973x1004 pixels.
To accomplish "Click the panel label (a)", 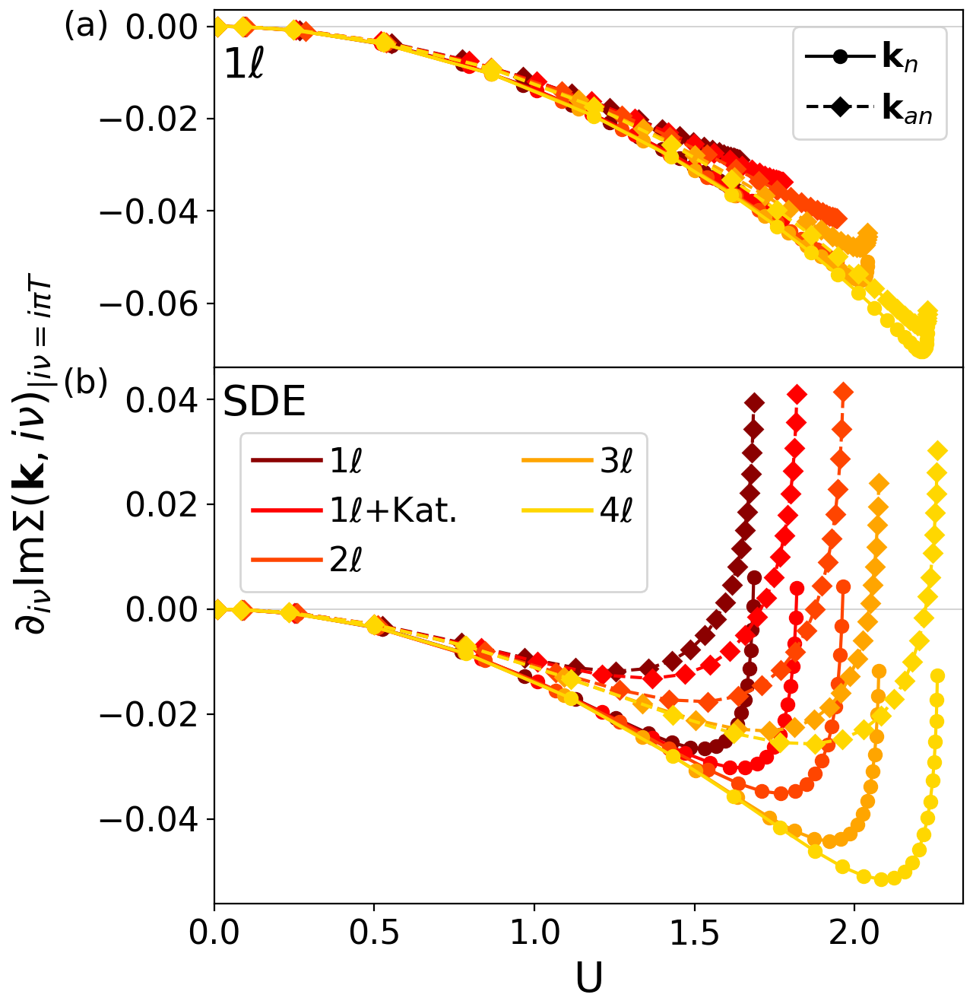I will [86, 27].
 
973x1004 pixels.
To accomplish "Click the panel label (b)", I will [86, 383].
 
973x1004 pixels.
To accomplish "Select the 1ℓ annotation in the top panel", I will [243, 67].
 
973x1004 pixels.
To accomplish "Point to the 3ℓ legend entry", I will [578, 461].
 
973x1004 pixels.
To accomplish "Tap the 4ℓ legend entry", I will [578, 511].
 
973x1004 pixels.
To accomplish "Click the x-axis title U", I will [589, 980].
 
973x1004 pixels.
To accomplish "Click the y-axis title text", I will [34, 456].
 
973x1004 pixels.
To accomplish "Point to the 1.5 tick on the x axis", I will [695, 933].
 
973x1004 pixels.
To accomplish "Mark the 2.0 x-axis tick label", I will [854, 933].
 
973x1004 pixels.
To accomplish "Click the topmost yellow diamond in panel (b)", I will [938, 451].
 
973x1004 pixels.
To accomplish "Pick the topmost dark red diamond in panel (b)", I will [754, 402].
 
